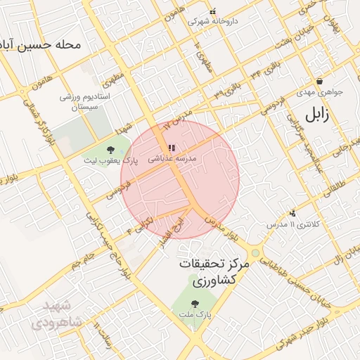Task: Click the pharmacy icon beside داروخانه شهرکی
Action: tap(192, 21)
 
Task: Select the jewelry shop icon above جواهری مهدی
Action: tap(319, 81)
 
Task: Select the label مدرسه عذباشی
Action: tap(172, 160)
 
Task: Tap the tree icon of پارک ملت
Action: tap(195, 304)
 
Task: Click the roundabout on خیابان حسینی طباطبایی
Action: tap(255, 251)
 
